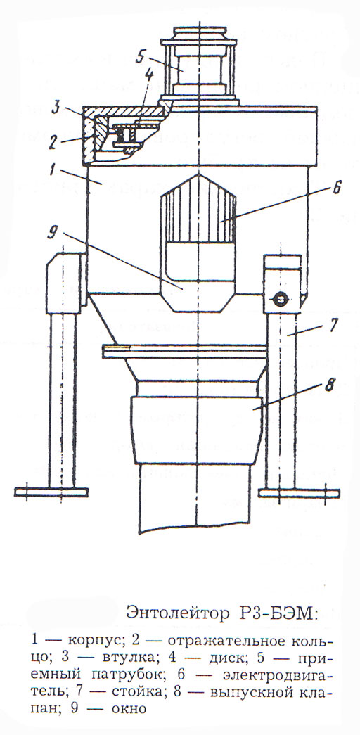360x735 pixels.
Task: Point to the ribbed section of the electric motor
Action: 198,209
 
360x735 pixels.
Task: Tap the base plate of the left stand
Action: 51,492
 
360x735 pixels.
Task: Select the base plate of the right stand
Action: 299,493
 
